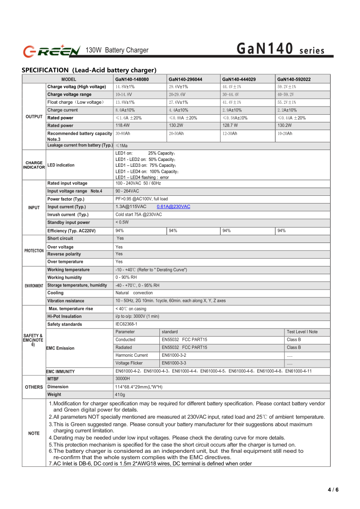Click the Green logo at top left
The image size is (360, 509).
pos(52,50)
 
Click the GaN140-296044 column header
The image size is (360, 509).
pos(185,79)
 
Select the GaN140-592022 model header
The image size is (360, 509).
pos(294,79)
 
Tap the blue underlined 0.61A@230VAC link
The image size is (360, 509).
pos(173,207)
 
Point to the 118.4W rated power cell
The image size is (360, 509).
pos(123,125)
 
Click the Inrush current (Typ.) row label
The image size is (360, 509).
pos(68,214)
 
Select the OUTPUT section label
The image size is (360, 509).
pos(34,117)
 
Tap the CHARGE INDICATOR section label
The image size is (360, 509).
pos(34,165)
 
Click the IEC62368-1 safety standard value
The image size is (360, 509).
pos(126,324)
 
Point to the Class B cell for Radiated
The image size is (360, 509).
pos(294,348)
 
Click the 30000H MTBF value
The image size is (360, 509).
pos(123,378)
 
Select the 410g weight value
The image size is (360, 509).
pos(120,395)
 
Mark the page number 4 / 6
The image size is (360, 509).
pos(333,490)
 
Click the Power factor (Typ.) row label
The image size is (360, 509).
pos(66,199)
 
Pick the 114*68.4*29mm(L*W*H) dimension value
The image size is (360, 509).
pos(139,387)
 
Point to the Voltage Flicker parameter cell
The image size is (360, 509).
pos(129,363)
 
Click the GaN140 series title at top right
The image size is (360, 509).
pos(281,49)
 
